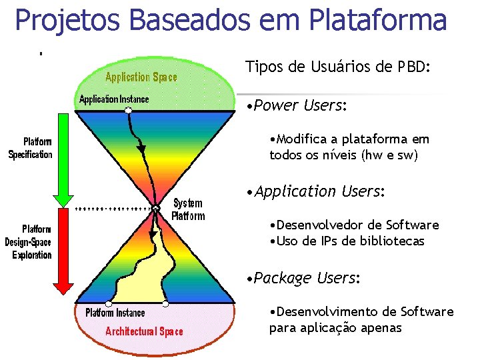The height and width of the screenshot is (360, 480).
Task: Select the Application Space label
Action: (141, 77)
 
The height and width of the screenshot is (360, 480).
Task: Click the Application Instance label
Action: (114, 99)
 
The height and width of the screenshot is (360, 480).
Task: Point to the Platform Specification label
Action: (31, 148)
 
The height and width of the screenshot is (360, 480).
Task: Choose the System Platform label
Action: (188, 209)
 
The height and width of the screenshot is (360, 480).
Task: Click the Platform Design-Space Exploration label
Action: (29, 241)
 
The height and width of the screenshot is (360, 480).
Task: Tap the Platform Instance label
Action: (114, 313)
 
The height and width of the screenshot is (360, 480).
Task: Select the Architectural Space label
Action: (144, 331)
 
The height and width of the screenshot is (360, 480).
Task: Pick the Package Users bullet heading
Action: (304, 278)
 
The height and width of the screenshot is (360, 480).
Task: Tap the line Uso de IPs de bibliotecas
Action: (347, 241)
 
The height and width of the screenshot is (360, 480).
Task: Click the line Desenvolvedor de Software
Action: (354, 225)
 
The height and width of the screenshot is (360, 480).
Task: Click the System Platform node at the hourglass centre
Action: (155, 209)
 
